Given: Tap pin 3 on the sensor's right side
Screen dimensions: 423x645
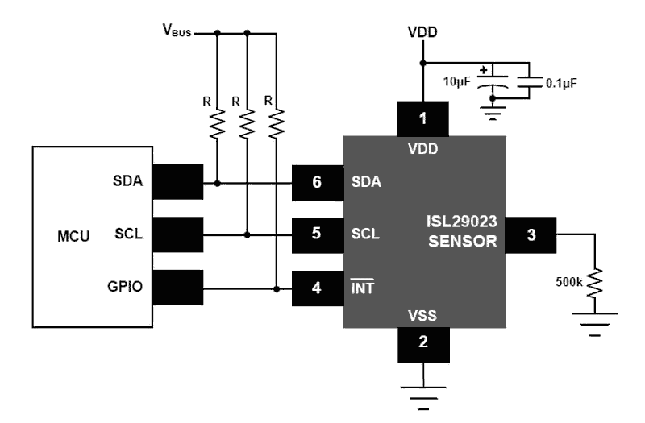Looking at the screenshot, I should (x=530, y=234).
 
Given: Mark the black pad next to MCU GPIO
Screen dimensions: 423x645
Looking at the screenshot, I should (x=176, y=286).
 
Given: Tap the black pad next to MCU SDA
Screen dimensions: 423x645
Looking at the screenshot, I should (x=176, y=182).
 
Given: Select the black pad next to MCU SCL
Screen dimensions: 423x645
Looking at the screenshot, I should (x=176, y=234).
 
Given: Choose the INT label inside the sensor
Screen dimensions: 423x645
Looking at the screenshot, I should (x=363, y=286).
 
